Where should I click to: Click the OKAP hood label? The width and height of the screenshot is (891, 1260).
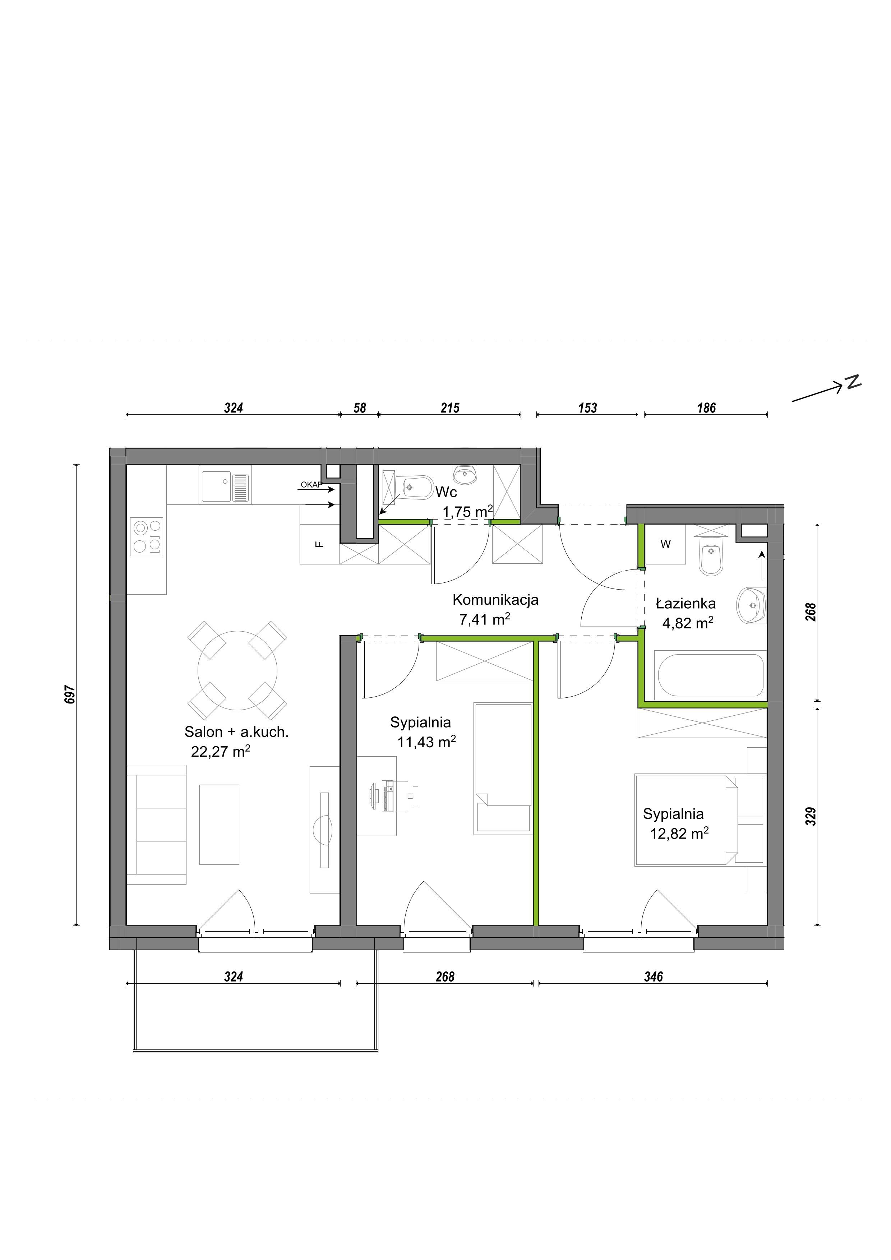coord(311,485)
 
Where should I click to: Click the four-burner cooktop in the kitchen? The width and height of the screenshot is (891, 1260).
coord(147,536)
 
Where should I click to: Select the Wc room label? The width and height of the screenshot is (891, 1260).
coord(446,492)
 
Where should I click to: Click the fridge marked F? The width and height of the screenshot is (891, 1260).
coord(319,535)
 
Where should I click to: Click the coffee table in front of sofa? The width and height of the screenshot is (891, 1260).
coord(219,824)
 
